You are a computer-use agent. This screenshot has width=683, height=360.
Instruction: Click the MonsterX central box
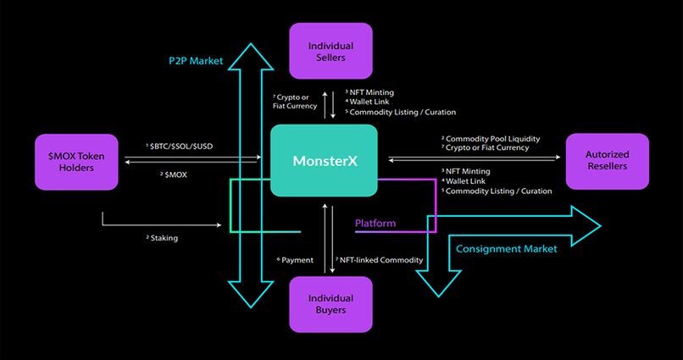point(324,161)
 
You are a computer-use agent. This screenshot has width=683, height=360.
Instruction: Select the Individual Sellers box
point(331,51)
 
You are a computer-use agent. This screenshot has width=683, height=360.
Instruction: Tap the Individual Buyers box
point(331,304)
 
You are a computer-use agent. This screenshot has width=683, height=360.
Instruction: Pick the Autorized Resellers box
point(607,161)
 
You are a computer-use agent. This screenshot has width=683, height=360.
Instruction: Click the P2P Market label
point(194,61)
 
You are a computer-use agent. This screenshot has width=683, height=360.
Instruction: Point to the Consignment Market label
point(506,249)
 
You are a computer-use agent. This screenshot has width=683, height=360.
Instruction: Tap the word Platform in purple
point(375,224)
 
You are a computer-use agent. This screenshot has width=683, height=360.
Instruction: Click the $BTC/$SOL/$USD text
point(182,146)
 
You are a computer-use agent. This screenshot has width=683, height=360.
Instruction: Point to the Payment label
point(296,260)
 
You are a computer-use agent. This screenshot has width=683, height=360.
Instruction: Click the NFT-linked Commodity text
point(380,260)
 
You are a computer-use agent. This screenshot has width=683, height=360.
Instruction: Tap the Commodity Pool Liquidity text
point(492,138)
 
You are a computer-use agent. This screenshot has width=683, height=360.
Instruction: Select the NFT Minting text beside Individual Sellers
point(371,91)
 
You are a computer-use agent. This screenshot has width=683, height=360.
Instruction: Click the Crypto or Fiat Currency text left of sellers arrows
point(295,101)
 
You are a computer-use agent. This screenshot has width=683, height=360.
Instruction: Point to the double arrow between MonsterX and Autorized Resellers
point(475,158)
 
